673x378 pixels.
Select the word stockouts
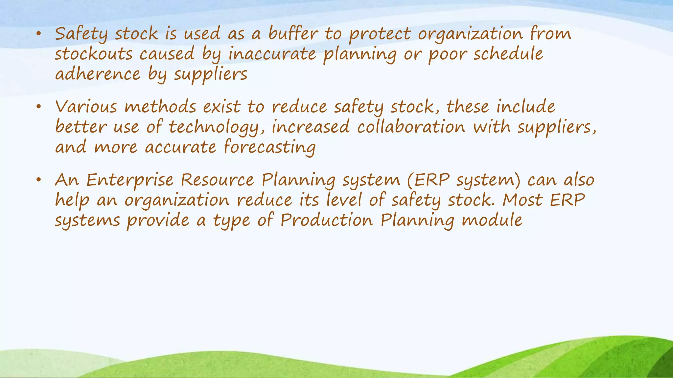point(93,54)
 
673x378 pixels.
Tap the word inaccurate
point(272,54)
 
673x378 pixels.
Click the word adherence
point(98,74)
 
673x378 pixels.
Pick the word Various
point(86,107)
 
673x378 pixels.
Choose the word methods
point(160,107)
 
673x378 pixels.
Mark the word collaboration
point(411,127)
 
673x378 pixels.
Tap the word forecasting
point(269,147)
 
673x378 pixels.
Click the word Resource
point(217,180)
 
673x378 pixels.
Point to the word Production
point(327,220)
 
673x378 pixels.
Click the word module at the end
point(492,220)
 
